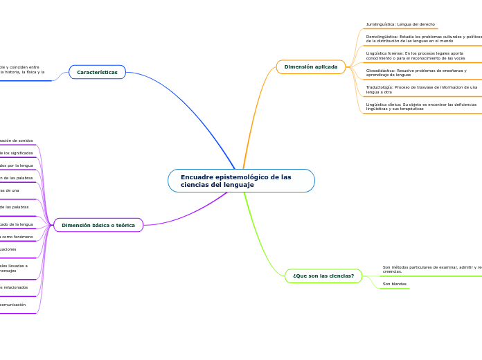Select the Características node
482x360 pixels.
point(97,72)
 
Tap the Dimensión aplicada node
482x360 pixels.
point(310,67)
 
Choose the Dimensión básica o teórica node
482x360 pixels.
point(98,225)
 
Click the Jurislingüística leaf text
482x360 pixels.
point(400,24)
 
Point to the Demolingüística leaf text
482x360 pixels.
point(423,38)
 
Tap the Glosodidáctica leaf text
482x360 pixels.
point(416,73)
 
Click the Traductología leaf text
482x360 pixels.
point(421,89)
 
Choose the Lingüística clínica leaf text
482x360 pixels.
point(421,107)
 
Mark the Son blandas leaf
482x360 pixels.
point(395,284)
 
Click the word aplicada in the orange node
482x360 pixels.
point(325,67)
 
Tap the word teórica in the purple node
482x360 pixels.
point(125,225)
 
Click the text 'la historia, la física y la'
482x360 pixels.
point(22,72)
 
